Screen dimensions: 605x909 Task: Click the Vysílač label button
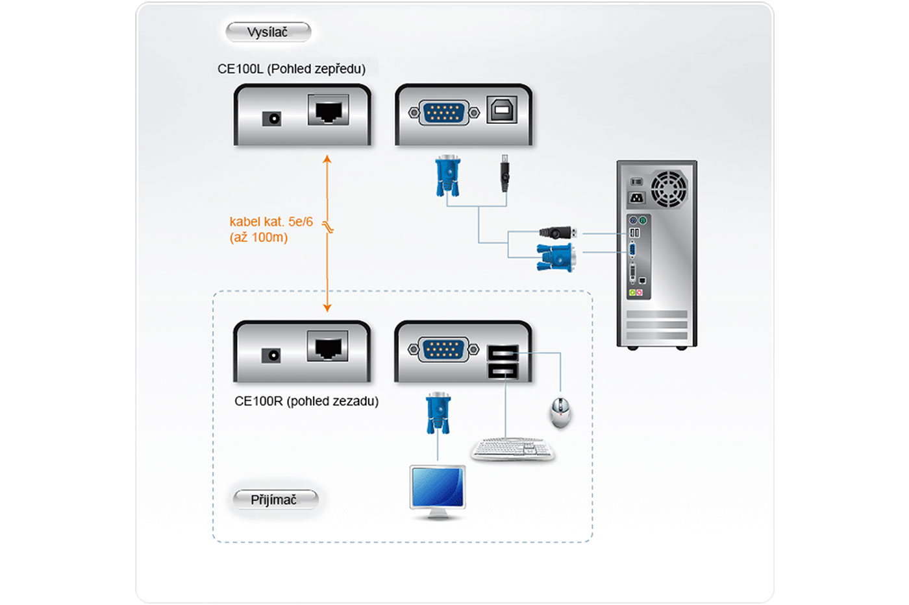pyautogui.click(x=268, y=32)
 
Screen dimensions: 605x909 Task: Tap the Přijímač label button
pyautogui.click(x=275, y=499)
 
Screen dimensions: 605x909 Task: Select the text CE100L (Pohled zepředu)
pyautogui.click(x=292, y=69)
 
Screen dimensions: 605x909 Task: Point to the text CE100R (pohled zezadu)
pyautogui.click(x=306, y=401)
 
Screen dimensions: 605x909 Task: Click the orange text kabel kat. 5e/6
pyautogui.click(x=271, y=222)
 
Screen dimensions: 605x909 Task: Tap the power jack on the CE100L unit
pyautogui.click(x=271, y=119)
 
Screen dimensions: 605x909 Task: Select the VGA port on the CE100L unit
pyautogui.click(x=444, y=113)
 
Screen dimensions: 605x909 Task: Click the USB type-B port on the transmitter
pyautogui.click(x=502, y=110)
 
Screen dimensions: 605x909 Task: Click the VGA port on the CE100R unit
pyautogui.click(x=443, y=350)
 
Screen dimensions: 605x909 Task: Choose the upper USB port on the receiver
pyautogui.click(x=503, y=353)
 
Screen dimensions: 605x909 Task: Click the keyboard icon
pyautogui.click(x=513, y=449)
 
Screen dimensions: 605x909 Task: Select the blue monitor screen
pyautogui.click(x=438, y=486)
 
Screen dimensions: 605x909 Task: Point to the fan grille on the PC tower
pyautogui.click(x=669, y=189)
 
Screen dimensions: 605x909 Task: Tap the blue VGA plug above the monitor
pyautogui.click(x=438, y=412)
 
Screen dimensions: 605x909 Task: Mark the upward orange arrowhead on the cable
pyautogui.click(x=327, y=159)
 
